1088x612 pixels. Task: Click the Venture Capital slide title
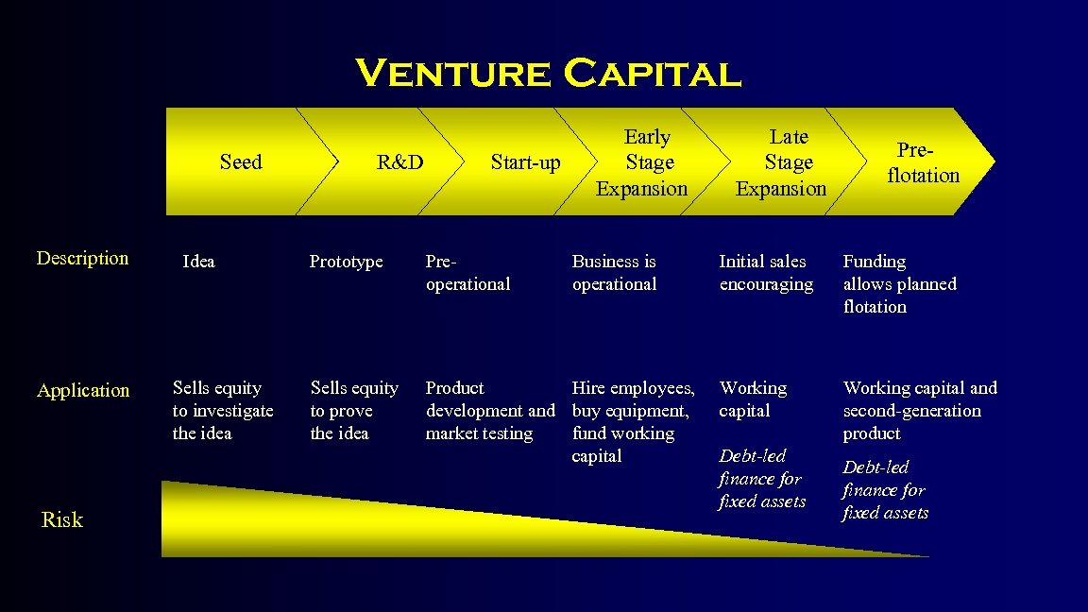[548, 74]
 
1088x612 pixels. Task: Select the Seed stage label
[241, 162]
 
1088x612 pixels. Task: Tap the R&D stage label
[399, 162]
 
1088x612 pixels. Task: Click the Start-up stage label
[525, 163]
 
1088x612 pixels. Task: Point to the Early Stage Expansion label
[642, 163]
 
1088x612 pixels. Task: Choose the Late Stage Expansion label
[782, 163]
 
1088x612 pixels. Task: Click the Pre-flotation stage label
[923, 163]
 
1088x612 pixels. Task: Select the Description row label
[82, 259]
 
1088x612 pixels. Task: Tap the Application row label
[83, 390]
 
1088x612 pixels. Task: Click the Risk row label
[62, 520]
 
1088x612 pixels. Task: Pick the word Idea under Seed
[198, 262]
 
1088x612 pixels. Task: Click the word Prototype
[346, 262]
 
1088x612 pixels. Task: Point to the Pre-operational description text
[467, 273]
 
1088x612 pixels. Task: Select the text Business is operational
[614, 273]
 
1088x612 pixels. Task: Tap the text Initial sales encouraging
[765, 273]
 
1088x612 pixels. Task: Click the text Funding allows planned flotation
[898, 284]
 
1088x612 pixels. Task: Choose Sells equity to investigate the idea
[222, 411]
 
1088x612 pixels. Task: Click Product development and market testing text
[489, 411]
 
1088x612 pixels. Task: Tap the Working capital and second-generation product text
[918, 411]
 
